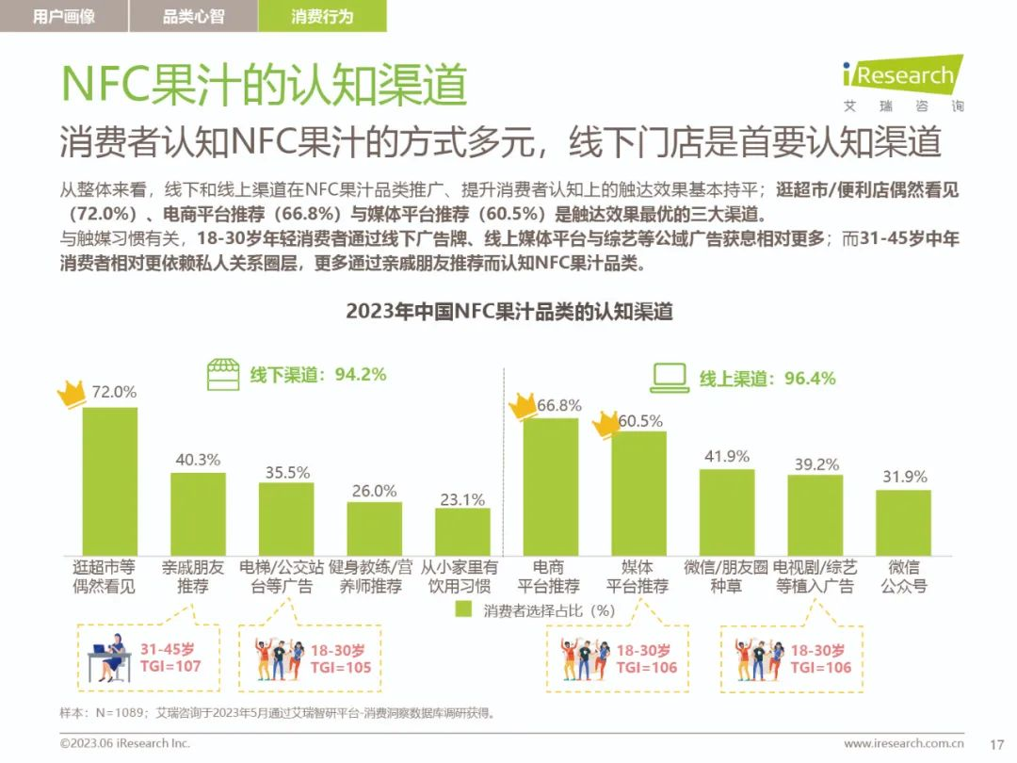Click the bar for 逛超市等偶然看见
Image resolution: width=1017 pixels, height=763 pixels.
click(109, 480)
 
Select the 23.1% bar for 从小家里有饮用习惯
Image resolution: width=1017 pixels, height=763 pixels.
click(462, 531)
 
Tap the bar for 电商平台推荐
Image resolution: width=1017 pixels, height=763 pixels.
click(551, 486)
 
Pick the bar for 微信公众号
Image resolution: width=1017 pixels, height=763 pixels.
click(903, 522)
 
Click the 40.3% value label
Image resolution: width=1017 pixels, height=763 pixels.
click(198, 460)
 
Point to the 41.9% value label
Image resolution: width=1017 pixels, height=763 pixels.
click(727, 456)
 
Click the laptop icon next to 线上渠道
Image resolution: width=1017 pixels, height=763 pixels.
click(670, 378)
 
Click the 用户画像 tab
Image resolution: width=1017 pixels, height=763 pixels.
click(63, 16)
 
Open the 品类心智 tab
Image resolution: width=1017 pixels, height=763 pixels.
click(193, 16)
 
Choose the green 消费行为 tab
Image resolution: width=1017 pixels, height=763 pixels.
click(322, 16)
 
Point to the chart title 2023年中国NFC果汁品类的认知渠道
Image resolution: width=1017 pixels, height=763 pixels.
click(508, 311)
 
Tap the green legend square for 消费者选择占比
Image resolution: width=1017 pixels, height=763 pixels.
click(462, 609)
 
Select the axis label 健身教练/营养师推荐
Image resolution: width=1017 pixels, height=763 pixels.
click(374, 576)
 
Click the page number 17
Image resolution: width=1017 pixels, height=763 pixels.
click(998, 743)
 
